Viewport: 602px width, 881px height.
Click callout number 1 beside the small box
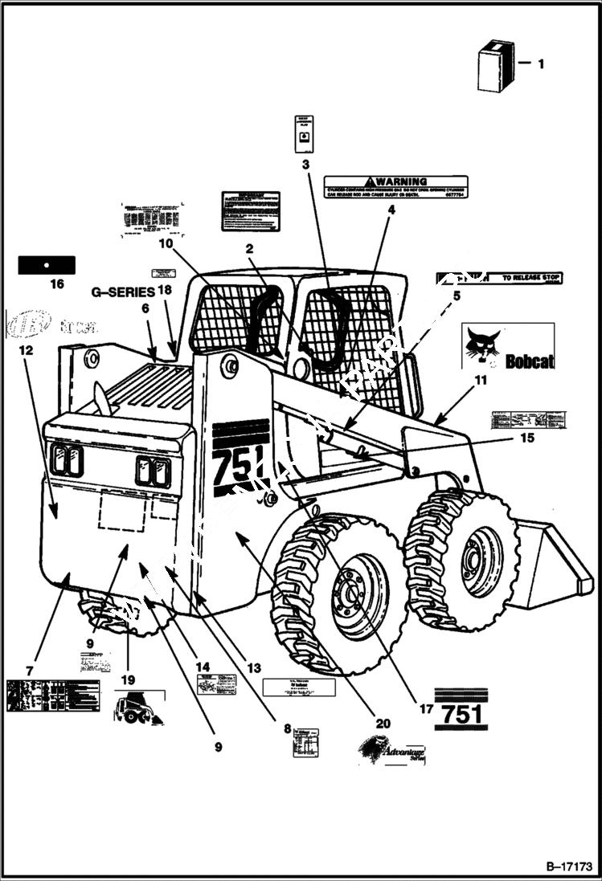[x=540, y=63]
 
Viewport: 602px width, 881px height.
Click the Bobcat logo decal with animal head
[x=508, y=346]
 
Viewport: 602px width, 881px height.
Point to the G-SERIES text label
[x=121, y=292]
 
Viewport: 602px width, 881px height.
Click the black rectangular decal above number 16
[x=47, y=264]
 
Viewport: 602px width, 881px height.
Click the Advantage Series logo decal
[x=392, y=753]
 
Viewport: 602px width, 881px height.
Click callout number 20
[x=383, y=723]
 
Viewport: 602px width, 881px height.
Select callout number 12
[x=27, y=351]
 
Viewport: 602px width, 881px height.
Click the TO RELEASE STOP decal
[x=500, y=279]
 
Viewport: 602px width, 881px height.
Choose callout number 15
[x=526, y=438]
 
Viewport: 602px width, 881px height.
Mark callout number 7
[x=30, y=670]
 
